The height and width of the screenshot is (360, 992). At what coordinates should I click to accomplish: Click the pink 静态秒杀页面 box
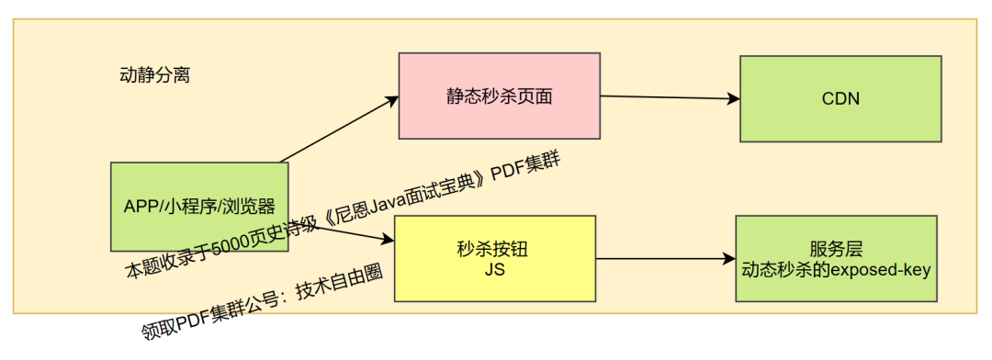(499, 96)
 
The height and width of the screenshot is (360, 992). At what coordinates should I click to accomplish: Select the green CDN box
(840, 98)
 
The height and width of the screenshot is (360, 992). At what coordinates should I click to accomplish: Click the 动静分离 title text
(155, 75)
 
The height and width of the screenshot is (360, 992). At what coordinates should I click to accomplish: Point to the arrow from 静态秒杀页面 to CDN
(671, 96)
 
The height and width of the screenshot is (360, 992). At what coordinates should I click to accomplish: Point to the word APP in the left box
(141, 207)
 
